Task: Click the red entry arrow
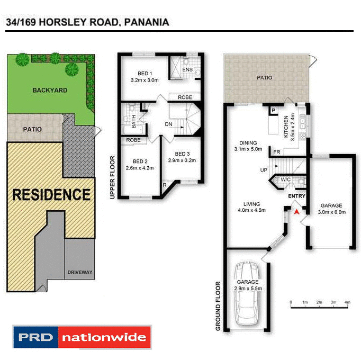click(297, 211)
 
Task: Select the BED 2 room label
click(140, 161)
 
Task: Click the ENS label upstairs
click(187, 69)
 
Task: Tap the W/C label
click(286, 180)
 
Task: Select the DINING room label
click(248, 143)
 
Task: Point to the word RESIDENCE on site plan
click(51, 194)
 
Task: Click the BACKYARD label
click(50, 91)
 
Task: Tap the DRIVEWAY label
click(80, 273)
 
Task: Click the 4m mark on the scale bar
click(347, 302)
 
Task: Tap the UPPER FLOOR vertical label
click(112, 177)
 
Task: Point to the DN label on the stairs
click(169, 124)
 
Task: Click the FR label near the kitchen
click(276, 152)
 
